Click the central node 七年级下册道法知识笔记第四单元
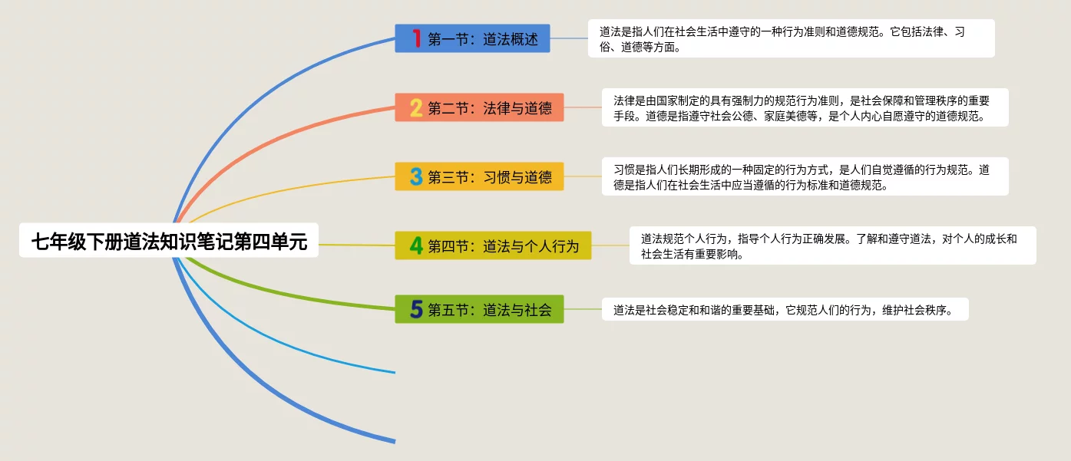point(169,240)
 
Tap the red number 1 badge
point(416,38)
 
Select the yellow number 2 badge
point(416,107)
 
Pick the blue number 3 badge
point(416,176)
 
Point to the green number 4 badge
point(416,245)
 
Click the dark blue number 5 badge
point(416,309)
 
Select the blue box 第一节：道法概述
point(472,38)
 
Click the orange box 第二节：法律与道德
point(479,107)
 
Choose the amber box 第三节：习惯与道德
point(479,176)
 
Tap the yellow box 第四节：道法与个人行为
point(493,245)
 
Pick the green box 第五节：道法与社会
point(479,309)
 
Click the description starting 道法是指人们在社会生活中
point(792,38)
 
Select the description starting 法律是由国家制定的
point(805,107)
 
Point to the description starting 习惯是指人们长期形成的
point(805,176)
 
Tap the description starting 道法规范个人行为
point(833,245)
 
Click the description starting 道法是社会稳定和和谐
point(785,309)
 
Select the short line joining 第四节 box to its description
point(610,245)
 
